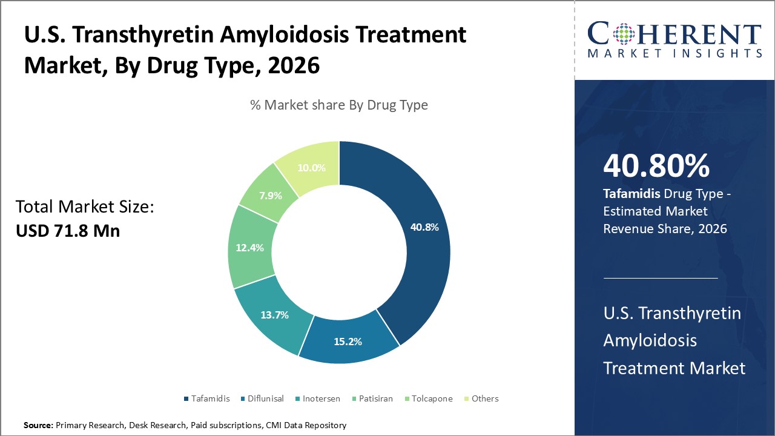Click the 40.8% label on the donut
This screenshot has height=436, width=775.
pos(424,228)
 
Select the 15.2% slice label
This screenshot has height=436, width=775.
pos(348,342)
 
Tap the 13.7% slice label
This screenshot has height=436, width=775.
pos(274,315)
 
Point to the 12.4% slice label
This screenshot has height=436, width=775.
pos(249,248)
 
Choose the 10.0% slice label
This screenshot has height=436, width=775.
pos(312,168)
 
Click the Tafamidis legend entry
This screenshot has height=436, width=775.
pos(207,398)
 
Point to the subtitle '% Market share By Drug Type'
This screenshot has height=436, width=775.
pos(339,105)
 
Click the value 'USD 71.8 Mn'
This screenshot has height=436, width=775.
pos(68,231)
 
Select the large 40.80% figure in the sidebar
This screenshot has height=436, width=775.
pos(656,166)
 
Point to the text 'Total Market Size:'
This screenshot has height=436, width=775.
pos(85,207)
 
